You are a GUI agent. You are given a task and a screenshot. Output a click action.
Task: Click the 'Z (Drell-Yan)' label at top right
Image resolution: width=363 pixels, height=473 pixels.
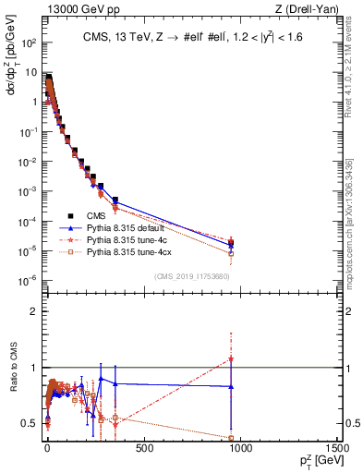click(x=309, y=8)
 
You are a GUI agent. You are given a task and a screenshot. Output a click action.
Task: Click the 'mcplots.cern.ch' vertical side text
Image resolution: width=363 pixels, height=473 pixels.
click(x=354, y=212)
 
